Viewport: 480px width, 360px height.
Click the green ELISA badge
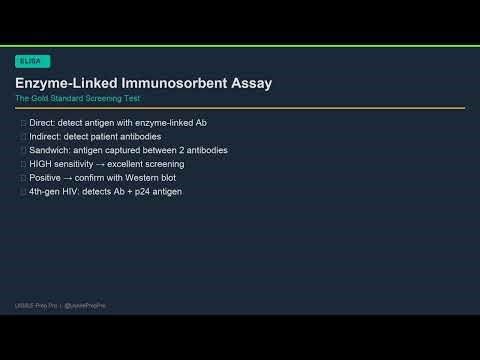31,61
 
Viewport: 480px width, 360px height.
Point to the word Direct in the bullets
42,122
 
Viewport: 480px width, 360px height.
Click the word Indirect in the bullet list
46,136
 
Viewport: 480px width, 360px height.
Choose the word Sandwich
50,150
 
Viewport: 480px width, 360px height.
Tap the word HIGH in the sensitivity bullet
42,163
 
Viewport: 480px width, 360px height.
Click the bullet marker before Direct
23,122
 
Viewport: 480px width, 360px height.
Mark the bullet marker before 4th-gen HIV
23,191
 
